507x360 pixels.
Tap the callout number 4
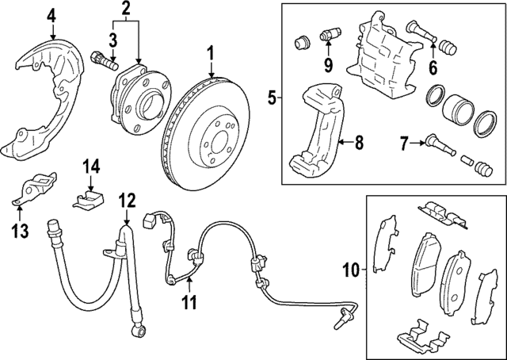point(51,14)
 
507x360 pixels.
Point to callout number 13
point(20,231)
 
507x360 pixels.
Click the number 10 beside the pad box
point(350,271)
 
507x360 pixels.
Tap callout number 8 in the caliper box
point(359,144)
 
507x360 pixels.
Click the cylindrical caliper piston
point(459,109)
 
